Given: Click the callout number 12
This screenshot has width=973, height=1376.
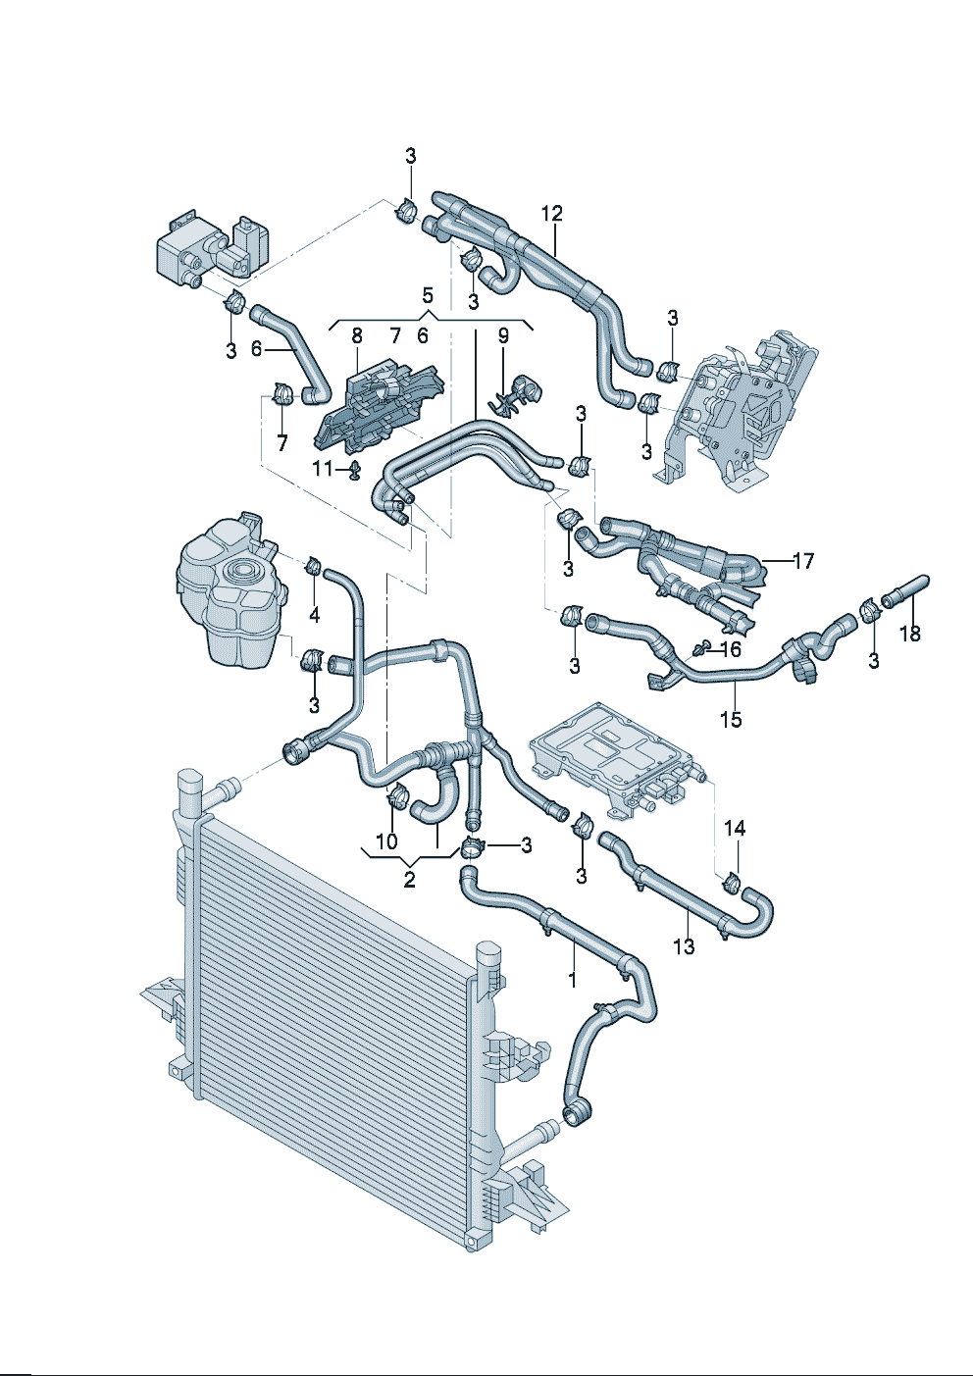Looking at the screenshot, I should click(x=551, y=213).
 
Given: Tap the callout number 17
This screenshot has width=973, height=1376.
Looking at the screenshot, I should click(x=803, y=561).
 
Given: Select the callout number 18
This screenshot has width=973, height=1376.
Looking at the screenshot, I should click(x=910, y=634).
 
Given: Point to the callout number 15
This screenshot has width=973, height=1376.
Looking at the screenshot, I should click(x=731, y=719).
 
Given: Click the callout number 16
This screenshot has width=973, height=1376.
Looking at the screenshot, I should click(x=731, y=649).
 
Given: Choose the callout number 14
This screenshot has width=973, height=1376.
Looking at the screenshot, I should click(x=735, y=829).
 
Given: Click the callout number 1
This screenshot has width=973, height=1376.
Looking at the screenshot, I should click(x=573, y=978).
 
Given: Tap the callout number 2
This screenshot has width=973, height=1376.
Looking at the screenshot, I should click(x=409, y=880).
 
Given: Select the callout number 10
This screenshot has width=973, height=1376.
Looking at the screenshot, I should click(x=386, y=841).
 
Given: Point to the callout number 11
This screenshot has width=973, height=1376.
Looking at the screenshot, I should click(x=323, y=469).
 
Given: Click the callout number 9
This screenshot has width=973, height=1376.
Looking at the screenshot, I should click(x=503, y=335).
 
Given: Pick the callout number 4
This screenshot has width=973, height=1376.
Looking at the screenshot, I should click(x=314, y=615).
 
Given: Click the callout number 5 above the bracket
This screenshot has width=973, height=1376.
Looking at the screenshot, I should click(x=427, y=293).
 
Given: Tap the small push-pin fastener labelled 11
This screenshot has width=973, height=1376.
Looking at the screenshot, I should click(x=354, y=472).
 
